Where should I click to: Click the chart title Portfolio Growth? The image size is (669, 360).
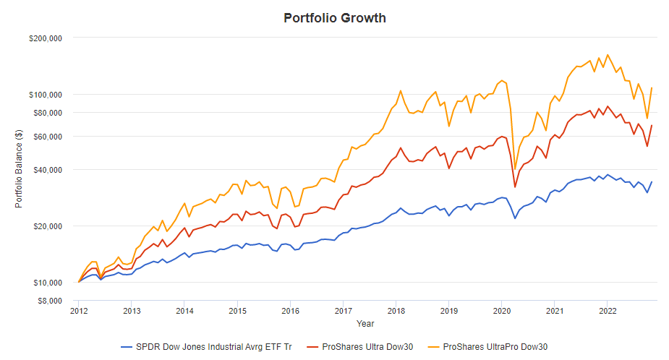334,18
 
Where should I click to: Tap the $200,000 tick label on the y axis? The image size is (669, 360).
46,38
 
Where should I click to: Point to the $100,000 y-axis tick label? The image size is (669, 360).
46,95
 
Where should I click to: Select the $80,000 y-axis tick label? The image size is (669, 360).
48,113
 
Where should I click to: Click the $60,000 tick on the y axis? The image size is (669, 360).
48,137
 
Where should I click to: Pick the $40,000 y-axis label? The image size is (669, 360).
48,170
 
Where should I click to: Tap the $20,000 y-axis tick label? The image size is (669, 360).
48,226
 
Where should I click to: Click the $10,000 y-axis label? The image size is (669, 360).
48,283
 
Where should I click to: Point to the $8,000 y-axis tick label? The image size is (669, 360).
50,301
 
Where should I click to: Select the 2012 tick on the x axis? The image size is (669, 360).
79,311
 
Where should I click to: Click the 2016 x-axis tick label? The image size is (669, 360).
290,311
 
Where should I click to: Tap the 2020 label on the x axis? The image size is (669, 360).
501,311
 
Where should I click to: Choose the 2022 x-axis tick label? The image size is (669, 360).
607,311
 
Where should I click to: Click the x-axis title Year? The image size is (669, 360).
365,323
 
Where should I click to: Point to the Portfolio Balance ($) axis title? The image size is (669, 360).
19,168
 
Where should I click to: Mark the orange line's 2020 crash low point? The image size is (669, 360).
515,169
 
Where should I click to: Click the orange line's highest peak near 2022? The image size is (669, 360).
607,55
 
